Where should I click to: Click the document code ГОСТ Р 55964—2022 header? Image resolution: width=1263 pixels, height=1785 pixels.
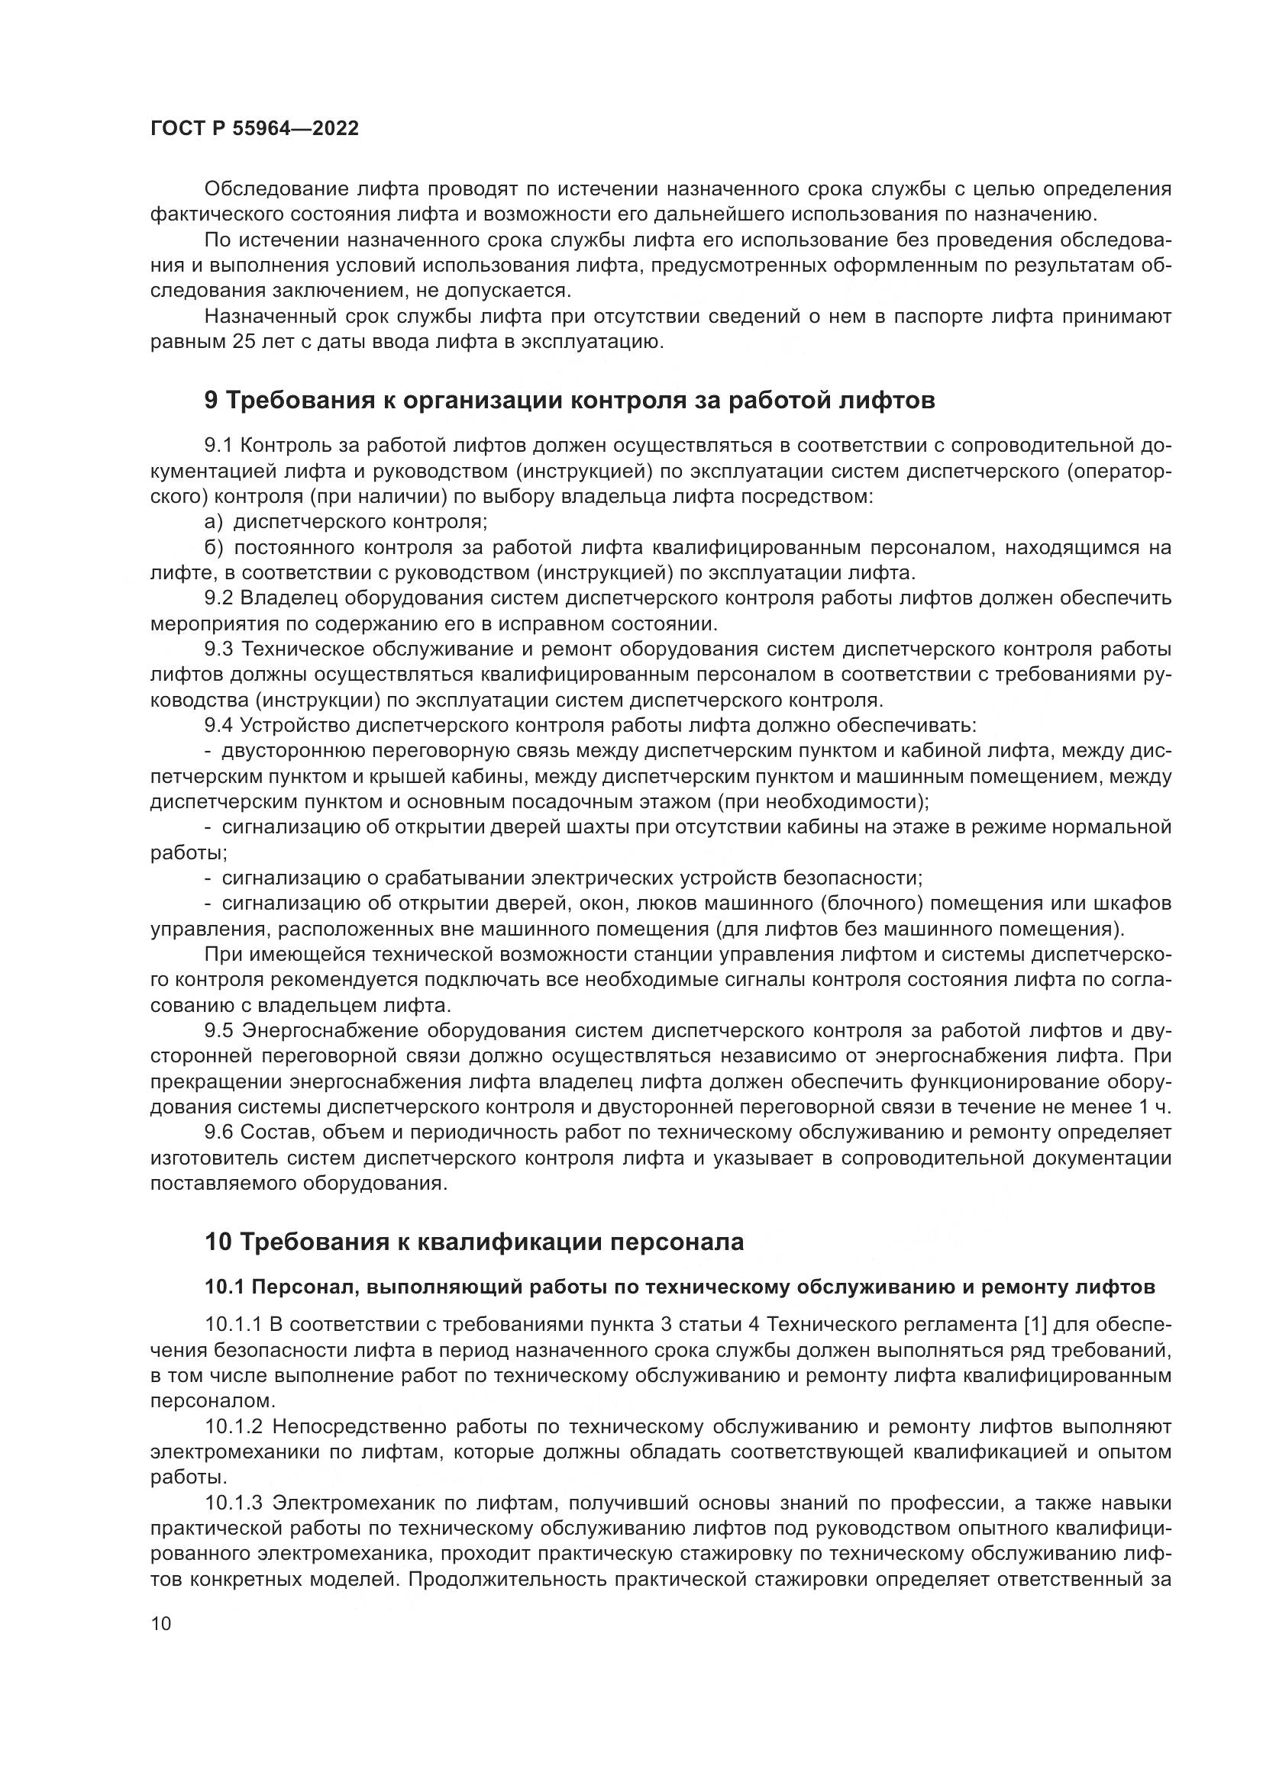pyautogui.click(x=254, y=129)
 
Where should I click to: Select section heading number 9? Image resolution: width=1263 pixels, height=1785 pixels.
pyautogui.click(x=212, y=401)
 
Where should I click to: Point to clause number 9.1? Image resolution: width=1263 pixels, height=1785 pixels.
pyautogui.click(x=218, y=446)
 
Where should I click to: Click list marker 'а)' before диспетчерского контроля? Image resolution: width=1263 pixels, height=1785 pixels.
pyautogui.click(x=213, y=522)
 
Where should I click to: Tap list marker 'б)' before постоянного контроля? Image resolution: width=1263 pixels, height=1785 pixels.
pyautogui.click(x=214, y=547)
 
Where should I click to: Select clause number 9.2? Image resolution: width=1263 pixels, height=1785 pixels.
pyautogui.click(x=218, y=598)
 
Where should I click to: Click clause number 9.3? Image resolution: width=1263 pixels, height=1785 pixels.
pyautogui.click(x=218, y=649)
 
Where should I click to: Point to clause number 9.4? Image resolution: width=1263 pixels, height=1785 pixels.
pyautogui.click(x=218, y=725)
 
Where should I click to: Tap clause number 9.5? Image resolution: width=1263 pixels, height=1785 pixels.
pyautogui.click(x=218, y=1031)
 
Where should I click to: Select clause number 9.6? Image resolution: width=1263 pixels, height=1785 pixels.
pyautogui.click(x=218, y=1133)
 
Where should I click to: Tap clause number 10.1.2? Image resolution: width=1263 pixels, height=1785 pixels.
pyautogui.click(x=235, y=1426)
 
